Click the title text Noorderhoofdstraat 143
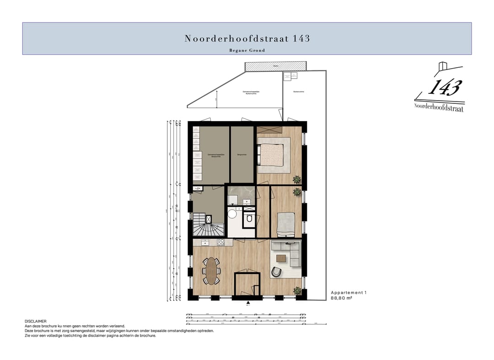[247, 38]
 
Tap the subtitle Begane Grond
[247, 50]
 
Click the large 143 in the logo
[444, 88]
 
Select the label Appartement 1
[349, 292]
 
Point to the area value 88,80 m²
[341, 298]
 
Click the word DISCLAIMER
[36, 322]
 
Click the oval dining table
[211, 270]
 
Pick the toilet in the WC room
[249, 219]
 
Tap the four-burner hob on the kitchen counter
[220, 242]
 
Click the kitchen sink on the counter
[205, 242]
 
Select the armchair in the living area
[277, 272]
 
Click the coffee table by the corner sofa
[281, 259]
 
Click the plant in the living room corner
[297, 290]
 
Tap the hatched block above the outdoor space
[275, 67]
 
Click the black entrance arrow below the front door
[248, 302]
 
